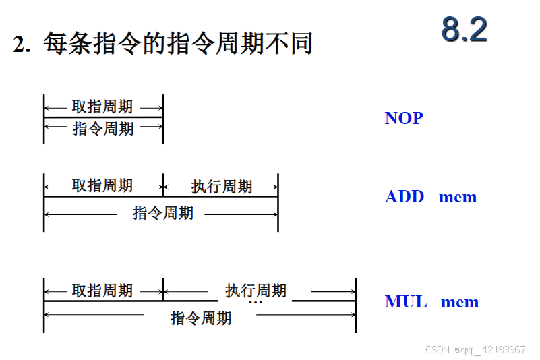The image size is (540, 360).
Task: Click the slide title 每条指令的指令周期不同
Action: point(178,44)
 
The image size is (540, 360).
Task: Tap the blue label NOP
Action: point(404,118)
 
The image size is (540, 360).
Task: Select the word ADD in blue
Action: point(404,197)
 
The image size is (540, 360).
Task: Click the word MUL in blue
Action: point(406,301)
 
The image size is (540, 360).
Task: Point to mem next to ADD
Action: point(458,197)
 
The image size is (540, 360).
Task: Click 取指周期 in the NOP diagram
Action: point(102,107)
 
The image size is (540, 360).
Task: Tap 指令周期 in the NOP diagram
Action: point(103,128)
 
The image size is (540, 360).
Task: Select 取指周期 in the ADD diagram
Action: point(102,185)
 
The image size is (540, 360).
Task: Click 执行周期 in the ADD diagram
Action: point(222,186)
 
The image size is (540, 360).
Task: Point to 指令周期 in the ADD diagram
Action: point(163,213)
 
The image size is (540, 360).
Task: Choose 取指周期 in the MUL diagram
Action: point(102,291)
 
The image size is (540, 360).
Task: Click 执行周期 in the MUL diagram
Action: point(256,291)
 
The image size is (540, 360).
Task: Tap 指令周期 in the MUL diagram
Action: point(201,318)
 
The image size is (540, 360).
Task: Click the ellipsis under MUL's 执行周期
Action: point(256,303)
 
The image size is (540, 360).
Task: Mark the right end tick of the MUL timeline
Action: point(356,305)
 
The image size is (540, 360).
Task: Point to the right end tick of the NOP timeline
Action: point(163,119)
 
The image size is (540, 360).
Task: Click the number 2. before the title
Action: point(22,44)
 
